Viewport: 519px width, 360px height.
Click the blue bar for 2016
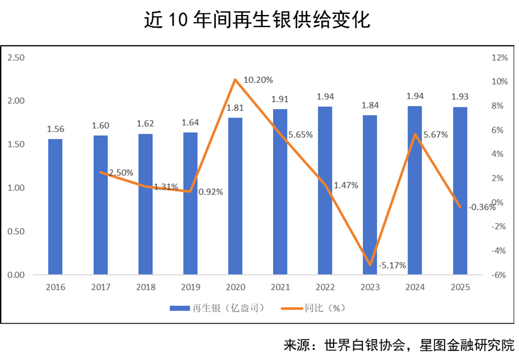55,207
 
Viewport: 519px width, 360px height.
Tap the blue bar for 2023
370,195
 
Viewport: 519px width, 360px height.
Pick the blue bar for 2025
460,191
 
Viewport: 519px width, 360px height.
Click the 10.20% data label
259,80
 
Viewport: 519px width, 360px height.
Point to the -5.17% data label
392,265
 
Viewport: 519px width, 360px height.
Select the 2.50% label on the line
121,173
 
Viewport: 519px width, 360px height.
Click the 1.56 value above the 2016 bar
55,129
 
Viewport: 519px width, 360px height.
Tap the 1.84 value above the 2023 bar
370,105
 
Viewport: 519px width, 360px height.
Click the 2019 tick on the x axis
190,287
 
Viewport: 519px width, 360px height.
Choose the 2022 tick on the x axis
325,287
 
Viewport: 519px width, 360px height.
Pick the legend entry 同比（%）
325,308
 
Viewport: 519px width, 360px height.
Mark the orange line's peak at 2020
235,79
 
